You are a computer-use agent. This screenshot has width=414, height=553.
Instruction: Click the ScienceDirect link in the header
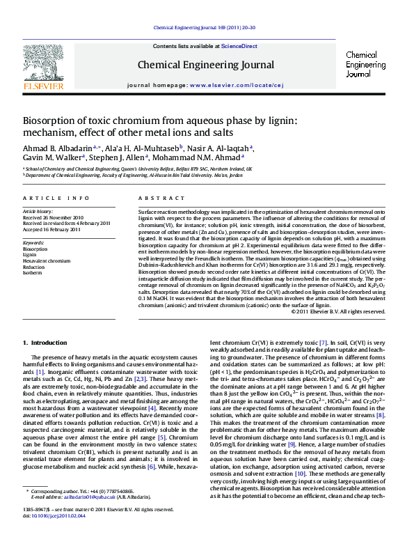(x=239, y=46)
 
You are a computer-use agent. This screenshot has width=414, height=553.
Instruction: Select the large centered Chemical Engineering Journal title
(x=206, y=65)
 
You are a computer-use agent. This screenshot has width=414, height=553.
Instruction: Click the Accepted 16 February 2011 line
(x=52, y=229)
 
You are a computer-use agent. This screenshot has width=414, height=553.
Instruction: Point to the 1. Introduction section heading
(x=45, y=343)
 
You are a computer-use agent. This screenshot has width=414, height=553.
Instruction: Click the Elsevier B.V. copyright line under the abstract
(x=337, y=311)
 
